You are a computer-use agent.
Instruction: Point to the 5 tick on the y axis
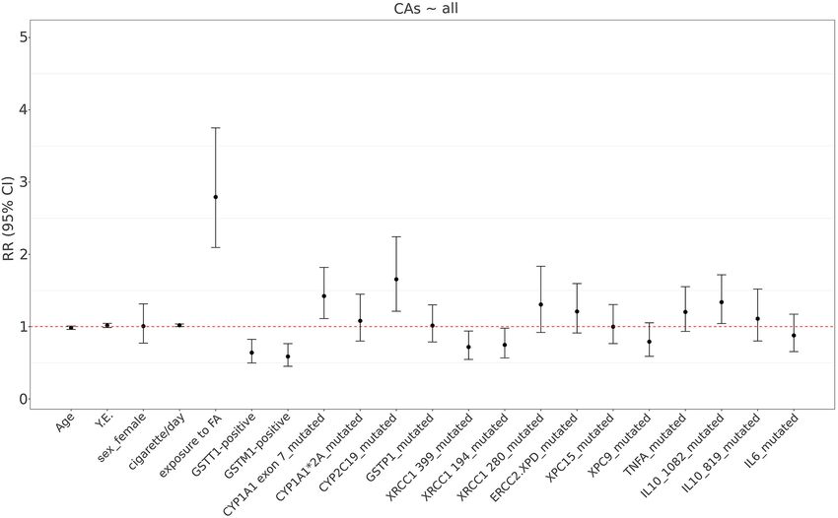tap(23, 37)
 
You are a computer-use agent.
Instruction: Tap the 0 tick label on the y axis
tap(23, 399)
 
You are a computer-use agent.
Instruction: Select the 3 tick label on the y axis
tap(23, 182)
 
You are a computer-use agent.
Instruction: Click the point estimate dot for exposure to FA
tap(215, 197)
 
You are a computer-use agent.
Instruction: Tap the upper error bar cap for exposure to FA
tap(215, 128)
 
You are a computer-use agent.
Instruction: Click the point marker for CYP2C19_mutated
tap(396, 280)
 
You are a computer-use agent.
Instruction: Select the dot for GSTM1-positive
tap(288, 356)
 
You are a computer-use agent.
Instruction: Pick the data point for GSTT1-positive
tap(251, 353)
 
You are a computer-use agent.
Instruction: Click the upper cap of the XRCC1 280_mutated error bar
tap(540, 267)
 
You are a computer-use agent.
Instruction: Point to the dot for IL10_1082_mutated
tap(722, 302)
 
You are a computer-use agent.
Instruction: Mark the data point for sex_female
tap(143, 326)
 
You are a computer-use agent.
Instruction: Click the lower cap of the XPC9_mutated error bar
tap(649, 356)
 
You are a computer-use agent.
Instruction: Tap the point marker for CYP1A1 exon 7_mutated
tap(323, 296)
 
